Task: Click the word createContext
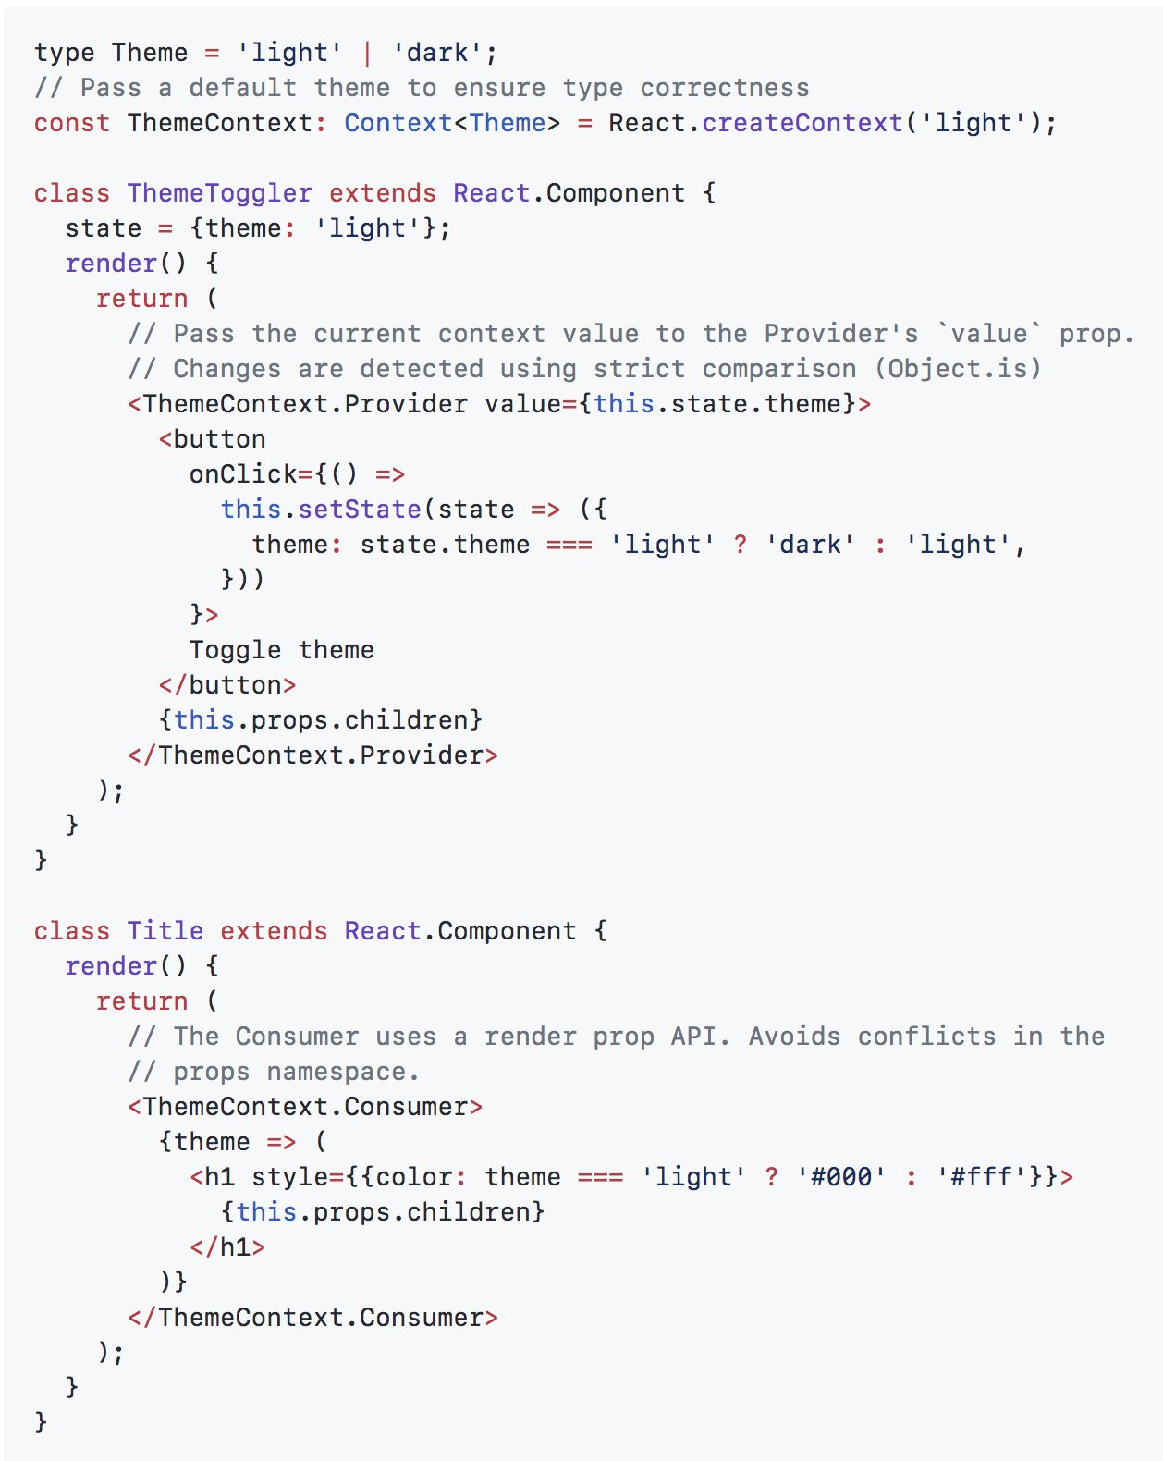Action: (x=802, y=123)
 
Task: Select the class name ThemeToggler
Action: (x=220, y=193)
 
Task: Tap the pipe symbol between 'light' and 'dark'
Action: (x=367, y=53)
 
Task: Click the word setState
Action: (x=360, y=510)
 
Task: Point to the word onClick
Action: (x=243, y=474)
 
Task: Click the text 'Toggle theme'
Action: (x=282, y=650)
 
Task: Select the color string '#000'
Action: (x=841, y=1176)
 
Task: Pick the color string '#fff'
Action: (x=982, y=1176)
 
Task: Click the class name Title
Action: (x=165, y=931)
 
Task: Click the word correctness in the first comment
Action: (x=725, y=88)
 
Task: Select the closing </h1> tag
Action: (x=227, y=1247)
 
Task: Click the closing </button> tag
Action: (x=227, y=685)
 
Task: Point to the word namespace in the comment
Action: (x=337, y=1072)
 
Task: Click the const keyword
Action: (x=72, y=123)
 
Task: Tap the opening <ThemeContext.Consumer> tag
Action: (x=305, y=1107)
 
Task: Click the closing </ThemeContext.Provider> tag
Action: (x=313, y=755)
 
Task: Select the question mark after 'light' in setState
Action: (x=740, y=545)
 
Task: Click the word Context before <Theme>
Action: (x=398, y=123)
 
